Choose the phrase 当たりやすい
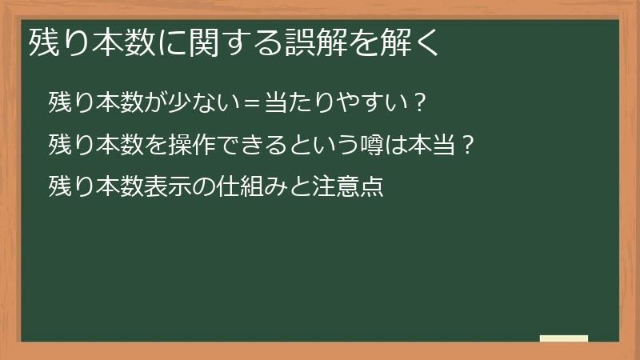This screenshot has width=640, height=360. (x=328, y=103)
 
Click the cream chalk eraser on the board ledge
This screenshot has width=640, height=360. (x=564, y=338)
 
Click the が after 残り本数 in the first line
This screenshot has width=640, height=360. (x=154, y=103)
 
